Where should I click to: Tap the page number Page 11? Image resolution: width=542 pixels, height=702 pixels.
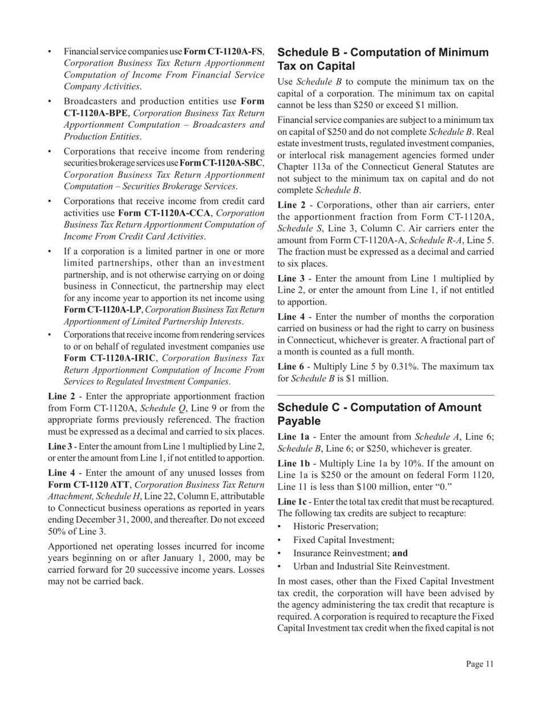pos(479,664)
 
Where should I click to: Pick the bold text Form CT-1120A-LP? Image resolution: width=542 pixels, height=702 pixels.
pos(95,310)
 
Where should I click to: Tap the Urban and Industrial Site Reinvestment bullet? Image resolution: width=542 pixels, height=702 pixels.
pos(371,566)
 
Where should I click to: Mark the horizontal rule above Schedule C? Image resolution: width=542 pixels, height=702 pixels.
pos(386,395)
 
